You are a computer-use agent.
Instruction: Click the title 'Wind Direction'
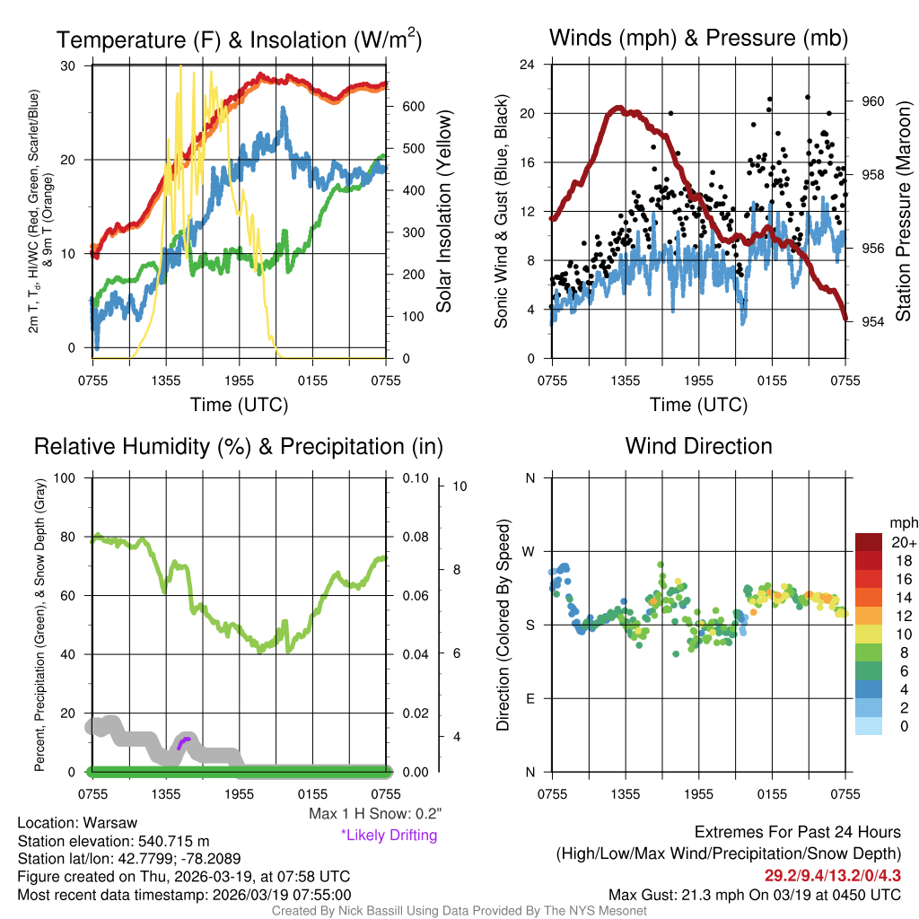[698, 446]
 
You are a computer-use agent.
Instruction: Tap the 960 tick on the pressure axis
[872, 101]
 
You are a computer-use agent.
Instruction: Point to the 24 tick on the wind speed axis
[529, 65]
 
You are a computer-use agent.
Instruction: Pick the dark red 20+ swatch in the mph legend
[869, 542]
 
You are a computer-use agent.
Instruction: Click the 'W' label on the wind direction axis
[530, 551]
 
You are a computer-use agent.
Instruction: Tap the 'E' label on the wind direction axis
[530, 698]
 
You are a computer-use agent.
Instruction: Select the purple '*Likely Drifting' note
[389, 835]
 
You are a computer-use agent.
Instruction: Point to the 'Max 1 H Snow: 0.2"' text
[374, 814]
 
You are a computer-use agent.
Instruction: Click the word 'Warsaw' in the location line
[109, 823]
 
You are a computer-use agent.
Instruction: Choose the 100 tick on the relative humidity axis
[67, 477]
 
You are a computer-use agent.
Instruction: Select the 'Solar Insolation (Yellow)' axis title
[444, 211]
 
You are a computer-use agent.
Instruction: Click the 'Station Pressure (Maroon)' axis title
[904, 211]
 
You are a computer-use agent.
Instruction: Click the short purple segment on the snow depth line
[185, 741]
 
